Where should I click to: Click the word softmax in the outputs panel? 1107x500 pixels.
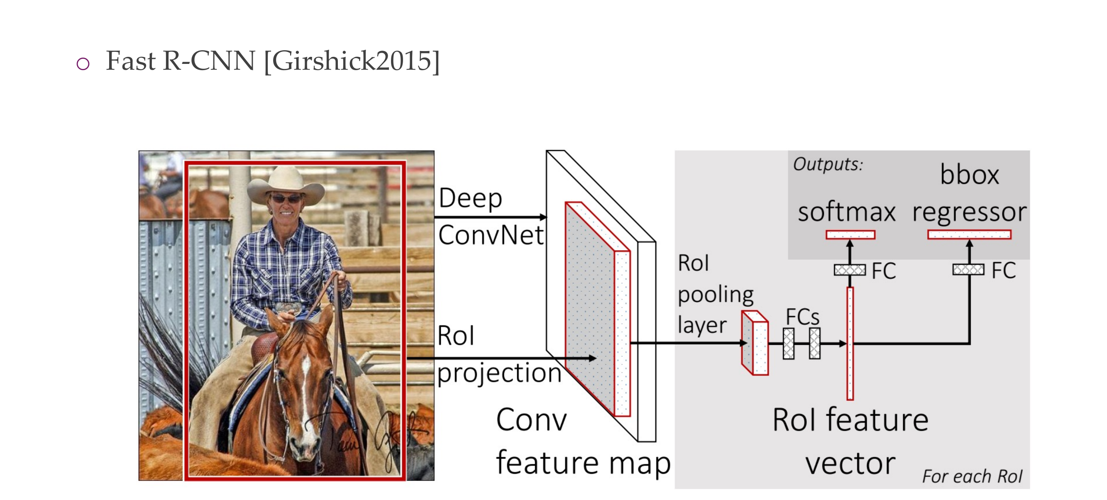point(846,212)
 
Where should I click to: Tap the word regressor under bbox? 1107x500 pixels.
point(969,212)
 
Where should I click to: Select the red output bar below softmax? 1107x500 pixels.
point(850,234)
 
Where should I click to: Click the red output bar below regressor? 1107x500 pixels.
point(969,234)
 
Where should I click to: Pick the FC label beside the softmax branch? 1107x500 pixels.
point(884,271)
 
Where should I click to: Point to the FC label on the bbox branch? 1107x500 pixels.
point(1003,271)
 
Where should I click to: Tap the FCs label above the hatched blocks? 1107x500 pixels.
point(802,317)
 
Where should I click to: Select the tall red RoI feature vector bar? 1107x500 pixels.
point(850,344)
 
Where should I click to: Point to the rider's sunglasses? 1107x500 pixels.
point(285,198)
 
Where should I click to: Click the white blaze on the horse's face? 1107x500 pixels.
point(306,378)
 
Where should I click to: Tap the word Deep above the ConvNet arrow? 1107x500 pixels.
point(470,198)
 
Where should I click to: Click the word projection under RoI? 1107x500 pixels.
point(499,373)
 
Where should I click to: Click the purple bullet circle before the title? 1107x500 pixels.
point(83,64)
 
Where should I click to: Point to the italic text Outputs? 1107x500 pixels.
point(828,164)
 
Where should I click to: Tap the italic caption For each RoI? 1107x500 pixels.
point(972,476)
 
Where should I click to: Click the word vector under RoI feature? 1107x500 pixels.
point(850,463)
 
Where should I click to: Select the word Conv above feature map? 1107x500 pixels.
point(531,420)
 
